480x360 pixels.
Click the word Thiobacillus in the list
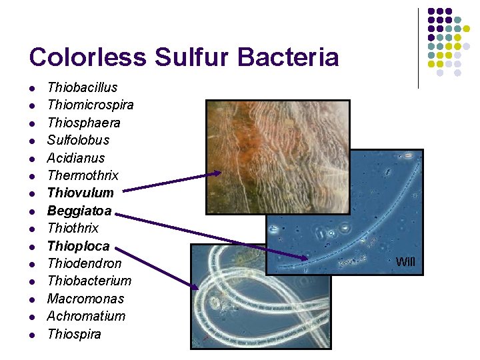coord(82,87)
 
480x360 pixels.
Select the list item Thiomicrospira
coord(90,105)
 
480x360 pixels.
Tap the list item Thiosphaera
coord(83,123)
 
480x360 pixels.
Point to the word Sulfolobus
coord(78,140)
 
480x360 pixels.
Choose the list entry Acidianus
coord(75,158)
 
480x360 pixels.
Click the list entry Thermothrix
coord(83,175)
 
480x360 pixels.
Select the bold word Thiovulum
coord(80,193)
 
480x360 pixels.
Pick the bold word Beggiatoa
coord(79,211)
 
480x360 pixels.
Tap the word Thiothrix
coord(73,228)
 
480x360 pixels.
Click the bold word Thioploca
coord(78,246)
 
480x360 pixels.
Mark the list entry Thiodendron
coord(84,263)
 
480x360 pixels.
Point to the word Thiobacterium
coord(89,281)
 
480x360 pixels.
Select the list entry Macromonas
coord(85,299)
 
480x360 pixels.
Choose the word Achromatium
coord(86,316)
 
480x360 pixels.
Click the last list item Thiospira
coord(74,334)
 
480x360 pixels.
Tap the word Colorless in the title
coord(88,57)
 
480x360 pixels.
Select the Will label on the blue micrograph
coord(405,262)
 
